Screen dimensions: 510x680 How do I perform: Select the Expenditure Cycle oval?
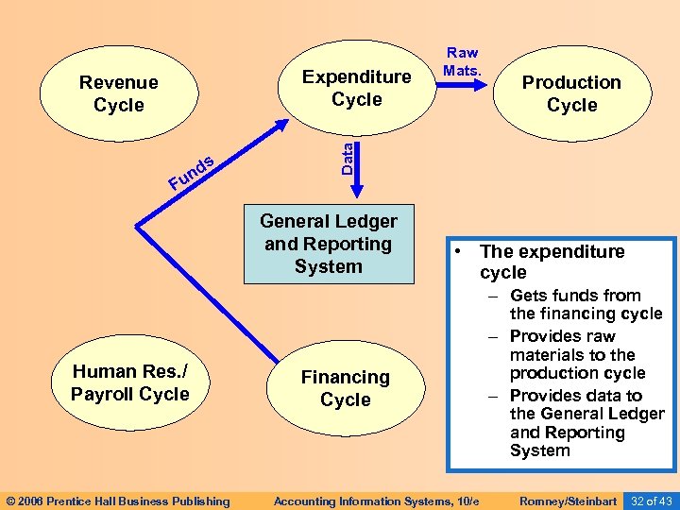pyautogui.click(x=356, y=88)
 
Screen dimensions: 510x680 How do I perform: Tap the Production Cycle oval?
pyautogui.click(x=571, y=93)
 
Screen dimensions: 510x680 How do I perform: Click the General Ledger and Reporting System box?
pyautogui.click(x=329, y=244)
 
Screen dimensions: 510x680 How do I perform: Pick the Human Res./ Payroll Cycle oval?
pyautogui.click(x=129, y=382)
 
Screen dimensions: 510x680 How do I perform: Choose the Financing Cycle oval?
pyautogui.click(x=346, y=388)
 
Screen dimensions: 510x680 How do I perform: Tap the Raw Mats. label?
pyautogui.click(x=463, y=61)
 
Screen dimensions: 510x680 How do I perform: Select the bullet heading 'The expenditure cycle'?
pyautogui.click(x=552, y=262)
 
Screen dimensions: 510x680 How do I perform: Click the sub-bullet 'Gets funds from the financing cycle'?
pyautogui.click(x=586, y=304)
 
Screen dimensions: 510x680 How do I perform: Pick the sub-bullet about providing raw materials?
pyautogui.click(x=577, y=354)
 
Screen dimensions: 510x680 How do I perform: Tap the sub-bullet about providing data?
pyautogui.click(x=586, y=423)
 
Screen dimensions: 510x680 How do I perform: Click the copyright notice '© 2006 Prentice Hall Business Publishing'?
pyautogui.click(x=117, y=501)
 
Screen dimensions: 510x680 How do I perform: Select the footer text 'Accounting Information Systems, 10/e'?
pyautogui.click(x=376, y=501)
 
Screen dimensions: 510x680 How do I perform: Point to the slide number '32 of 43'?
pyautogui.click(x=652, y=501)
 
